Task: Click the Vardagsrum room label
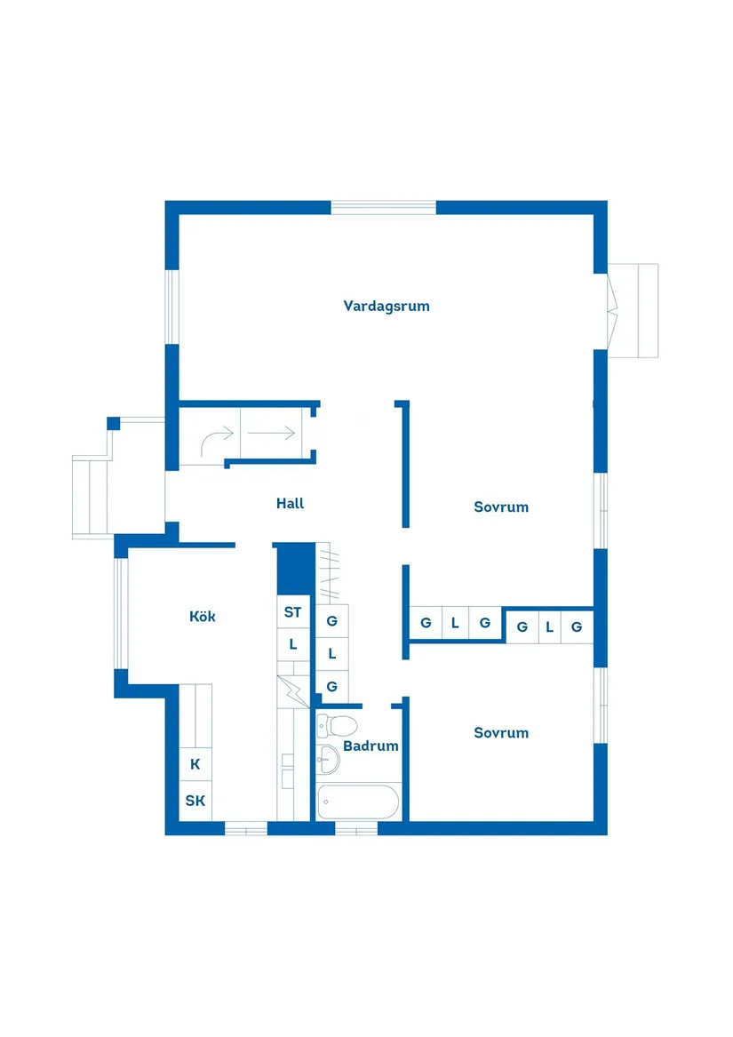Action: pyautogui.click(x=386, y=306)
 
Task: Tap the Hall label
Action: pyautogui.click(x=290, y=504)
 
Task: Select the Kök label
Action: pyautogui.click(x=203, y=616)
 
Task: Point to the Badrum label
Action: pyautogui.click(x=370, y=746)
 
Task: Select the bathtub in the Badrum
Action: pyautogui.click(x=358, y=802)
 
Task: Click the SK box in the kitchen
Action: pyautogui.click(x=195, y=801)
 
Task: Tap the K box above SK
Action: pyautogui.click(x=195, y=763)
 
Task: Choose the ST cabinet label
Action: pyautogui.click(x=292, y=612)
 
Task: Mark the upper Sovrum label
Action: pyautogui.click(x=501, y=507)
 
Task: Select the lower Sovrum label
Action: pyautogui.click(x=501, y=733)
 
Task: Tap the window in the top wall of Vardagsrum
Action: pyautogui.click(x=384, y=207)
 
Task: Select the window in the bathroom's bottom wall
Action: pyautogui.click(x=356, y=829)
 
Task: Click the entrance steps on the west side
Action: pyautogui.click(x=91, y=498)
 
